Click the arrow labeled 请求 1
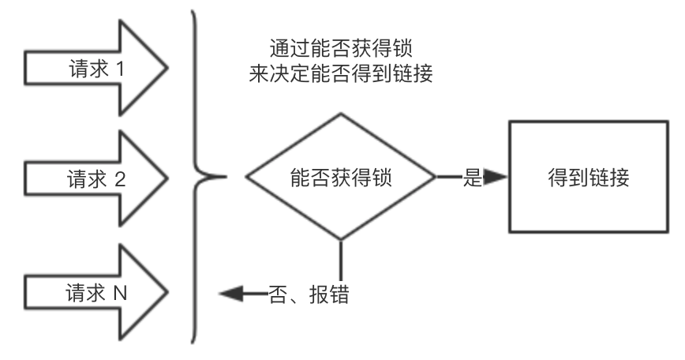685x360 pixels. [95, 69]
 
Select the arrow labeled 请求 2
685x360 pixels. [95, 178]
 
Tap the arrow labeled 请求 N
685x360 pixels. [95, 293]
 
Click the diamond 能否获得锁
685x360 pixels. [341, 177]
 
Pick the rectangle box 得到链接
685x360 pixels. [588, 177]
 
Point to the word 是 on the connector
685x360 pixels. [472, 178]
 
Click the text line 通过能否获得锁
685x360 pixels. [339, 47]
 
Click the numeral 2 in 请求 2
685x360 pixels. [120, 178]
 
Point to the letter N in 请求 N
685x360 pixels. [120, 293]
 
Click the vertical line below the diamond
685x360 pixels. [341, 265]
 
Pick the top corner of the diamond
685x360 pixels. [341, 114]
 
